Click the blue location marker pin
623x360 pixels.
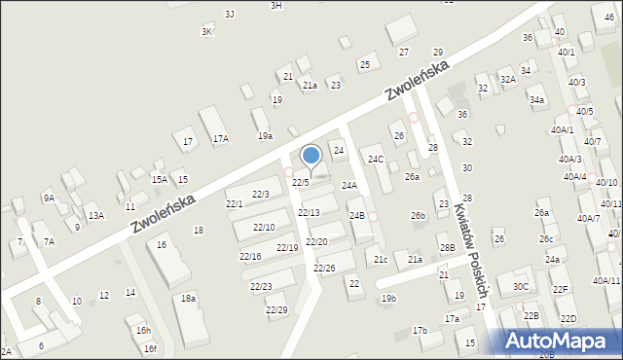tap(311, 156)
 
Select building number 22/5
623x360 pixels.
tap(301, 182)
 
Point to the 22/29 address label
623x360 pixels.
tap(276, 309)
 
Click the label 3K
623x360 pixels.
tap(206, 31)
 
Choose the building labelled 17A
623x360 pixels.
tap(221, 138)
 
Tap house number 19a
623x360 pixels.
tap(265, 136)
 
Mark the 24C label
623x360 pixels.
tap(375, 159)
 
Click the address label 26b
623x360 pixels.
tap(418, 215)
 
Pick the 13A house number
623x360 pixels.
tap(95, 215)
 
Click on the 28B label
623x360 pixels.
tap(446, 248)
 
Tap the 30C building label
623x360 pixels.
tap(522, 286)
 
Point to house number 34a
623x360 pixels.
tap(536, 99)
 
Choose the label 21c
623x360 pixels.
tap(381, 259)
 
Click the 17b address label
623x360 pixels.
tap(420, 331)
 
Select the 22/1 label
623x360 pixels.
tap(235, 203)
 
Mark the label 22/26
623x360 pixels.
tap(324, 268)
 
